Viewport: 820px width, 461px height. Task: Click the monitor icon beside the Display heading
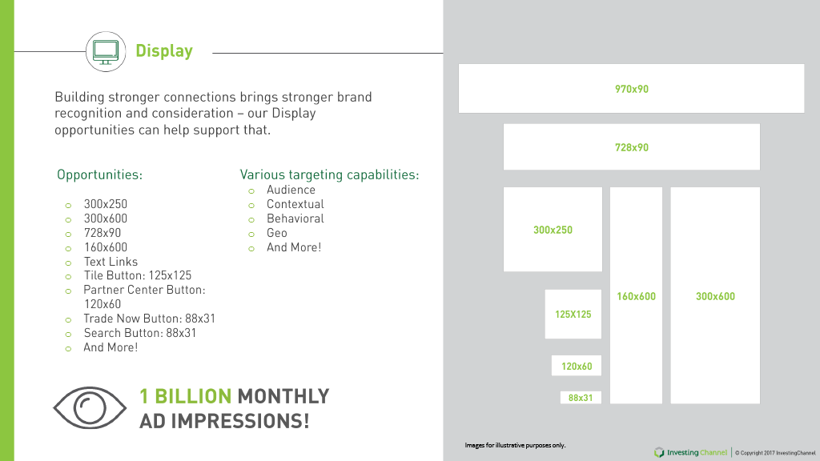[x=106, y=52]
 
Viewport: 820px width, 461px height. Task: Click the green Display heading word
[x=164, y=51]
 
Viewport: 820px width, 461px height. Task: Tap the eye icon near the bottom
[x=90, y=407]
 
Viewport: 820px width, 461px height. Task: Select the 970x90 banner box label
[x=632, y=89]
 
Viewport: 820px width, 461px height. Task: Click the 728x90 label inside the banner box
[x=632, y=147]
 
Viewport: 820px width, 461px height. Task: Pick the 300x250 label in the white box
[x=553, y=230]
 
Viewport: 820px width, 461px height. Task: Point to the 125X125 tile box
[x=573, y=314]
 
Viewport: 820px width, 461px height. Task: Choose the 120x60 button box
[x=577, y=366]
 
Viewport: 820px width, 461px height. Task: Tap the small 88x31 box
[x=581, y=398]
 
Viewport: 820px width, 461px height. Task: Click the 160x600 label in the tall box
[x=636, y=296]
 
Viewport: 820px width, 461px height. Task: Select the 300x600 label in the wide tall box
[x=715, y=296]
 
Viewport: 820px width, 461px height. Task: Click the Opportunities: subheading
[x=99, y=174]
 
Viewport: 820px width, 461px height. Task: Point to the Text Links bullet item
[x=111, y=262]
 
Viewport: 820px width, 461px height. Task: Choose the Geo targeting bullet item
[x=276, y=233]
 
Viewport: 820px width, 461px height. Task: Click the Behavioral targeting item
[x=295, y=218]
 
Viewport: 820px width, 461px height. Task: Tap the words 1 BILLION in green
[x=185, y=396]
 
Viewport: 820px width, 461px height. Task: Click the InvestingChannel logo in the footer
[x=690, y=452]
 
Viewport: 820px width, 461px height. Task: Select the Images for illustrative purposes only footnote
[x=515, y=445]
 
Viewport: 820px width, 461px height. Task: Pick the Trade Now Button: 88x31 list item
[x=149, y=319]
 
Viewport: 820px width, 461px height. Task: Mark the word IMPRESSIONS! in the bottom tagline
[x=240, y=421]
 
